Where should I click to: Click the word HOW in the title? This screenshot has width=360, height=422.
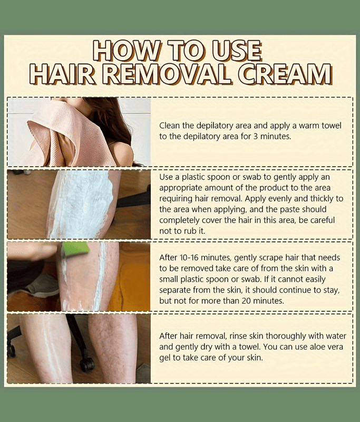click(126, 50)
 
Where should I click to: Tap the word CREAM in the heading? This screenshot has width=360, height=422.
click(285, 74)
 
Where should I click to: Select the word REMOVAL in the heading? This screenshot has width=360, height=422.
click(166, 74)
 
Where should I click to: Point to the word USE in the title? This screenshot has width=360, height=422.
click(237, 50)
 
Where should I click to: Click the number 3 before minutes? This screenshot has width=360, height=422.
click(256, 137)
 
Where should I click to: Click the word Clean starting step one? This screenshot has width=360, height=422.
click(169, 126)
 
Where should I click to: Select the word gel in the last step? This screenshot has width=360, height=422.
click(164, 358)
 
